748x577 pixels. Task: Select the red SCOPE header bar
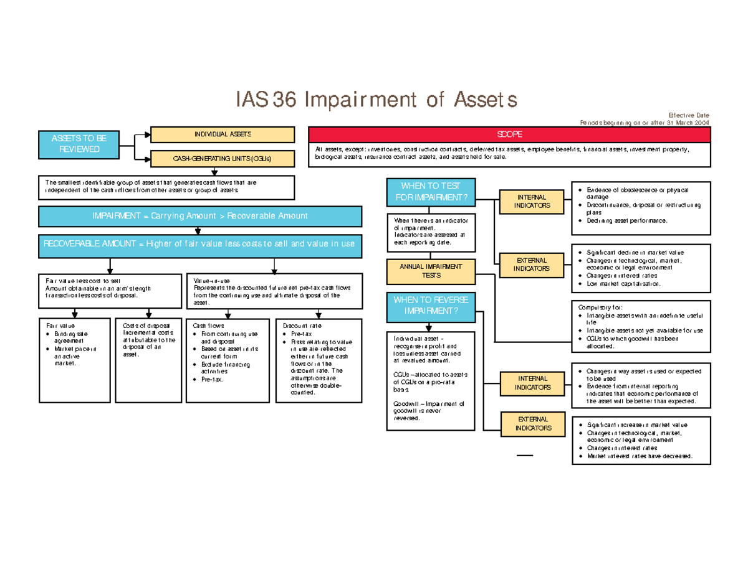tap(509, 134)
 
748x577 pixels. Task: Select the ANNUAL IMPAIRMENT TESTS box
tap(431, 270)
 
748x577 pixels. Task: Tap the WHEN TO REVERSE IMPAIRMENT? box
tap(431, 306)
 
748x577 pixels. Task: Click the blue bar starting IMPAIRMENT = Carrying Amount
tap(199, 216)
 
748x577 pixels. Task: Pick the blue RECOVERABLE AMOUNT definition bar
tap(199, 244)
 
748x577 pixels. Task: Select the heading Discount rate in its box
tap(302, 326)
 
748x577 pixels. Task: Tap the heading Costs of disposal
tap(138, 326)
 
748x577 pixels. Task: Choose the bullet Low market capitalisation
tap(623, 284)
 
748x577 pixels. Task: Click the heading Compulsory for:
tap(605, 306)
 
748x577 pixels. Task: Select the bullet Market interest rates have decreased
tap(639, 456)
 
